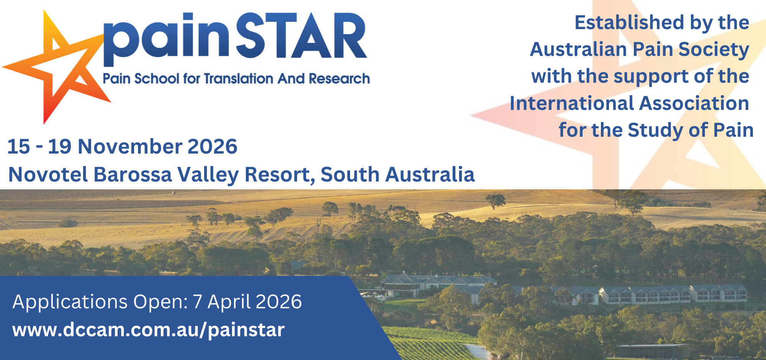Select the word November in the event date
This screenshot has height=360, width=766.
tap(130, 146)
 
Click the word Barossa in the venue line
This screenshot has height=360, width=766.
tap(133, 174)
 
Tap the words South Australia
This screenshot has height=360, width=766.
tap(398, 174)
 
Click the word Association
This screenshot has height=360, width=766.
tap(694, 103)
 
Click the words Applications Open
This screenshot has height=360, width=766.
tap(100, 302)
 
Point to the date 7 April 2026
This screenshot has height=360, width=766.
tap(247, 302)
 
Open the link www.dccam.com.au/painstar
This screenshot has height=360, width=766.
tap(149, 330)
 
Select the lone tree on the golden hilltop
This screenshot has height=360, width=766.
tap(495, 200)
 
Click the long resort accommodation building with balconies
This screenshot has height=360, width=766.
tap(651, 295)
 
